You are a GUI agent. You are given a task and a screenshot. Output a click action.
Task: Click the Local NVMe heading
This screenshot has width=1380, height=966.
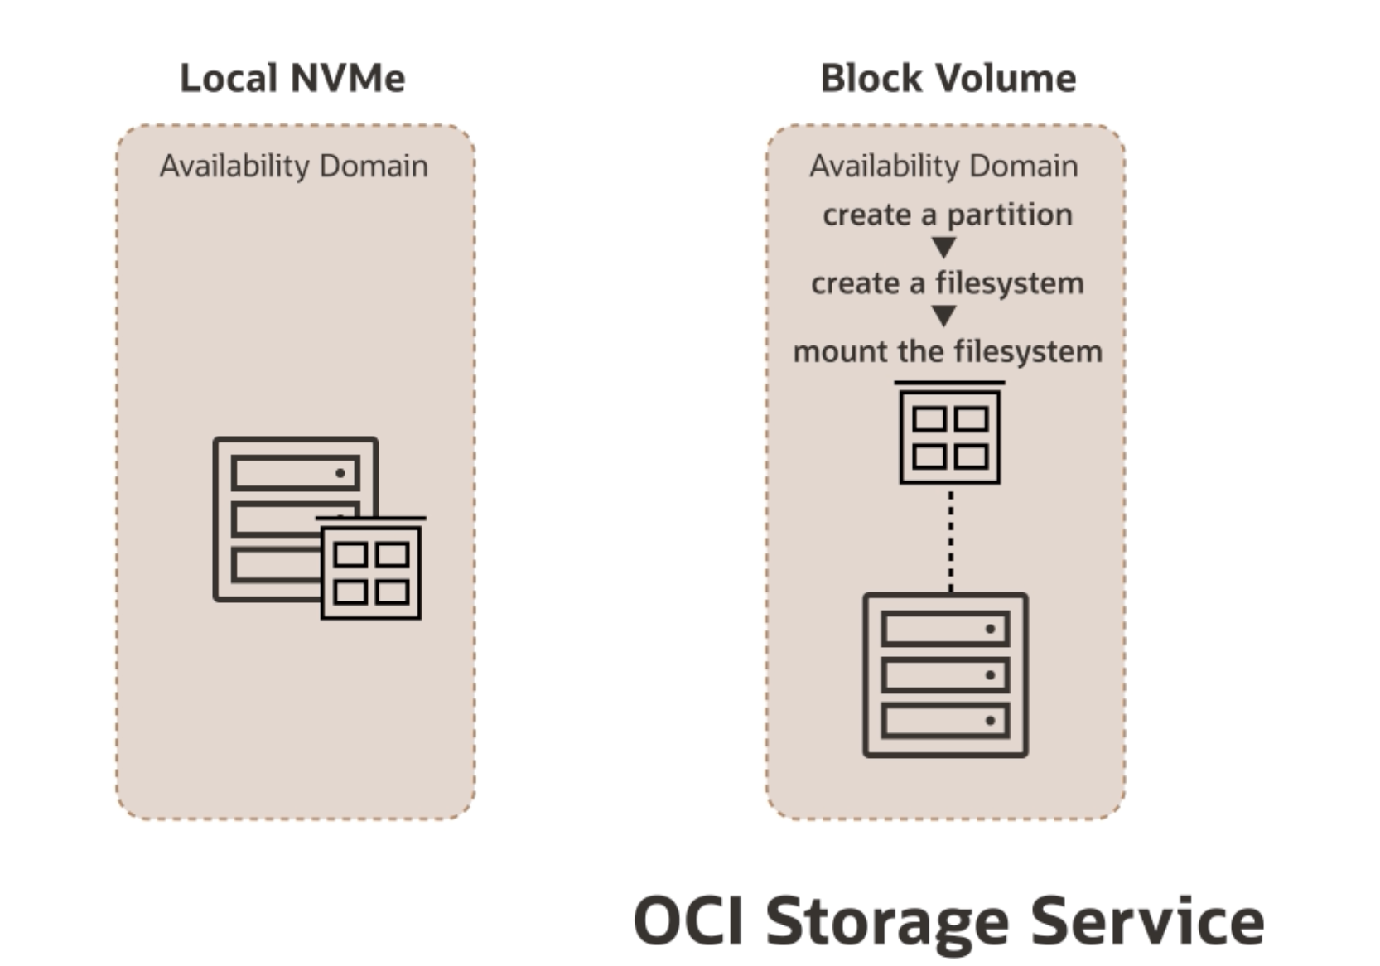(x=292, y=79)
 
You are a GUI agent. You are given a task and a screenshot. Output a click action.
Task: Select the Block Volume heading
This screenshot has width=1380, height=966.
(x=948, y=79)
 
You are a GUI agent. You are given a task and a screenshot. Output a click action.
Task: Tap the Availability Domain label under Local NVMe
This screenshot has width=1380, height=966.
(x=294, y=166)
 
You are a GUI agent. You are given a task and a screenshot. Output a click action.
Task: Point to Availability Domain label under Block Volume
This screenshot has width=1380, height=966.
(x=943, y=166)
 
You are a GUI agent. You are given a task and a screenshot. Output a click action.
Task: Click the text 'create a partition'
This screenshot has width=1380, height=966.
(x=947, y=215)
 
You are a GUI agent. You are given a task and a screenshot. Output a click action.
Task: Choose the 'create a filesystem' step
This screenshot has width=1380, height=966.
(x=947, y=283)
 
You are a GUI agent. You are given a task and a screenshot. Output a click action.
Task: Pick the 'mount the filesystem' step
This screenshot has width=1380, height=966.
(x=947, y=351)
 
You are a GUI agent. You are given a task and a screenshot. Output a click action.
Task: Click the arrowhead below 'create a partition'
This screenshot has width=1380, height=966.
(x=943, y=247)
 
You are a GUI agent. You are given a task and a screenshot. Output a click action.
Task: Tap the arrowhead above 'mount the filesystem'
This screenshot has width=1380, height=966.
(x=943, y=316)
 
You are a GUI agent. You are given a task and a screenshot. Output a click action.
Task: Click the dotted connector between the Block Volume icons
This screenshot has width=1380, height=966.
(x=950, y=539)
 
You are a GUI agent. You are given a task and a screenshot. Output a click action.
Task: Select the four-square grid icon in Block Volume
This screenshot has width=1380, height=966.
(x=950, y=437)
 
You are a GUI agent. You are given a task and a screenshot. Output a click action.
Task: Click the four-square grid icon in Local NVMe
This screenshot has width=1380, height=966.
(x=371, y=572)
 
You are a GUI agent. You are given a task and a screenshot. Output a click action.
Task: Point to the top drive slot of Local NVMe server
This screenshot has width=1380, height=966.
(x=295, y=473)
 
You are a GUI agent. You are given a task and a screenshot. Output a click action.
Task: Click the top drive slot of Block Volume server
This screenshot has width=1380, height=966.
(x=945, y=629)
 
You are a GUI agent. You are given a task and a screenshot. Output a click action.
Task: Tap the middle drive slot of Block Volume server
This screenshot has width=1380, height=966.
(x=945, y=675)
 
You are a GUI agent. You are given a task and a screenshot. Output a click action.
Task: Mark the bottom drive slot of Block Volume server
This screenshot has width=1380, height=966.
(x=945, y=721)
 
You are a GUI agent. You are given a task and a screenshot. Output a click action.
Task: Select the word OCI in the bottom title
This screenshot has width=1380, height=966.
(x=688, y=921)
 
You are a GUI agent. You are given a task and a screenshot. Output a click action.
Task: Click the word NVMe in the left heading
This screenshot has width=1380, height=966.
(x=348, y=79)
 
